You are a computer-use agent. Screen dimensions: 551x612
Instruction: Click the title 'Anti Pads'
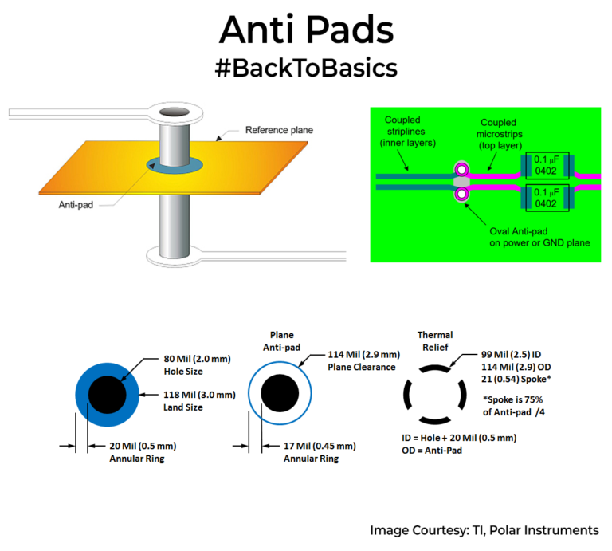[306, 30]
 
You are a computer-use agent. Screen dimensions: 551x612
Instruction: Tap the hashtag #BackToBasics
[306, 69]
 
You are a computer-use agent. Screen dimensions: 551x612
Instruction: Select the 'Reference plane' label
[279, 130]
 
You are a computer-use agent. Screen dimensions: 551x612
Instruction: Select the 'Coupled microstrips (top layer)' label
[496, 132]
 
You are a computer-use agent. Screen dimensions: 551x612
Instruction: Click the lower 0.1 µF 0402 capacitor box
[547, 198]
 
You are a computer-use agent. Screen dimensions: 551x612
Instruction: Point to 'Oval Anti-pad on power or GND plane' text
[540, 235]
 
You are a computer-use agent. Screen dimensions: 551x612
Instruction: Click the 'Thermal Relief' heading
[435, 341]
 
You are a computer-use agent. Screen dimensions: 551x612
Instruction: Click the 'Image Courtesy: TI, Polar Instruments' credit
[484, 530]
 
